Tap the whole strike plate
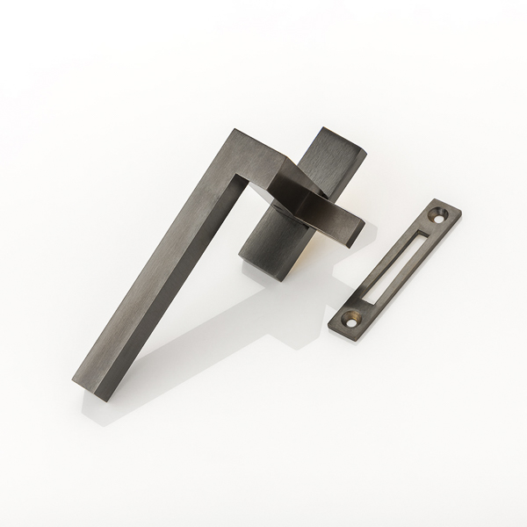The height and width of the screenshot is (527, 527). [395, 266]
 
